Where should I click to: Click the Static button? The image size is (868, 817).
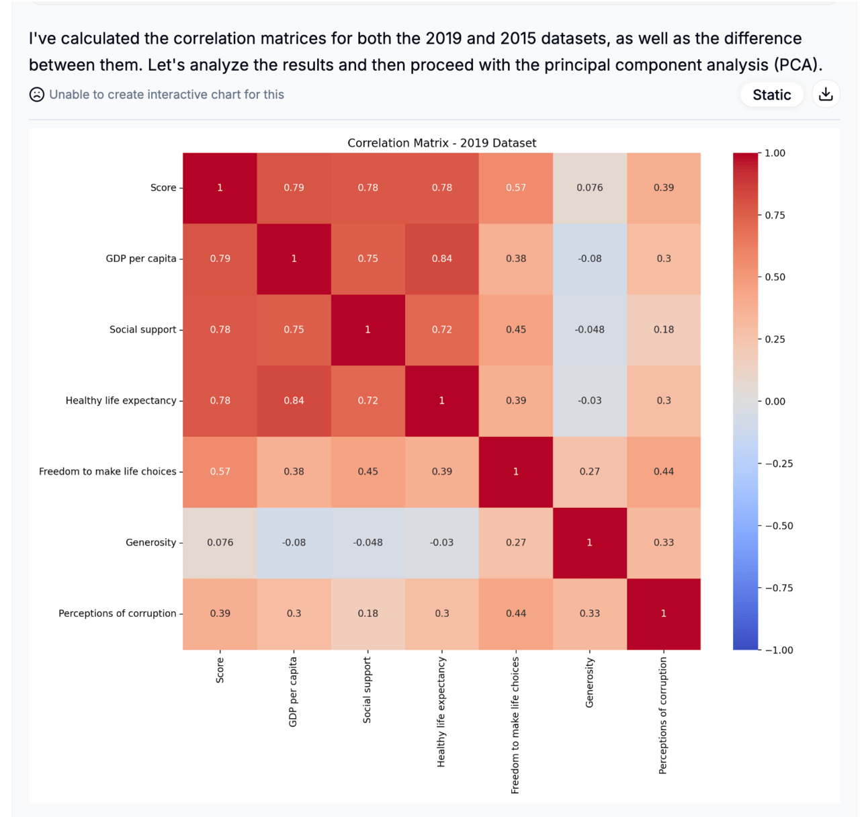coord(771,95)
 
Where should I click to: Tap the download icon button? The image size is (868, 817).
coord(826,94)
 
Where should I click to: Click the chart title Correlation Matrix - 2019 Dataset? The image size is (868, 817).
coord(441,142)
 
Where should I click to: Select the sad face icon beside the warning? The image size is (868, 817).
coord(37,95)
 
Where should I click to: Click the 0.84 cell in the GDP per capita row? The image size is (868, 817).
coord(442,259)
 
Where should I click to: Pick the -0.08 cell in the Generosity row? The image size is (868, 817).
coord(294,542)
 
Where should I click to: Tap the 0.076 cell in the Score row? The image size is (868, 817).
coord(589,187)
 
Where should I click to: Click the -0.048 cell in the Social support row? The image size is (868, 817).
coord(589,329)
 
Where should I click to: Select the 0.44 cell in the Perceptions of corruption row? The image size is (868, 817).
coord(516,613)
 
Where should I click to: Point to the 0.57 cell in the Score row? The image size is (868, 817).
coord(516,187)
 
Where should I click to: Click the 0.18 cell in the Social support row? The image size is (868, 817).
coord(664,329)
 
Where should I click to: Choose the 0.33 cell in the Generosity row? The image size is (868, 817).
coord(664,542)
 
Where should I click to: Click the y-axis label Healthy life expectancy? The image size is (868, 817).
coord(121,400)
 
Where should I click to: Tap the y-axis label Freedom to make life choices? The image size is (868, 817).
coord(107,472)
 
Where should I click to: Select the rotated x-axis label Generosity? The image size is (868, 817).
coord(590,682)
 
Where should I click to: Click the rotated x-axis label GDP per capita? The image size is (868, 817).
coord(293,692)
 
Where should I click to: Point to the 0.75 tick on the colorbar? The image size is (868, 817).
coord(775,215)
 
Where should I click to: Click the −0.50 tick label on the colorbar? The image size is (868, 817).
coord(779,526)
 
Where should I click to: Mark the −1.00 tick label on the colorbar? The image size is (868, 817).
coord(779,650)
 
